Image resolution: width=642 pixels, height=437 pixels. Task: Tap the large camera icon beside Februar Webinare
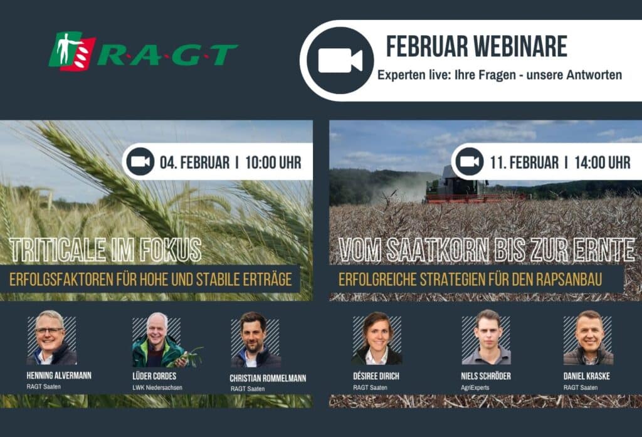(x=340, y=61)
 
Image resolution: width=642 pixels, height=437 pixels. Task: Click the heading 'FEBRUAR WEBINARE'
(x=476, y=46)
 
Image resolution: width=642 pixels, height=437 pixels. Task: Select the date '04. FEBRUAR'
(x=194, y=162)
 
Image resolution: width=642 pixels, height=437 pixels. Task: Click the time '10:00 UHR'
(x=273, y=162)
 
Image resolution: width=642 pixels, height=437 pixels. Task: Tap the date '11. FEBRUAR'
(x=524, y=162)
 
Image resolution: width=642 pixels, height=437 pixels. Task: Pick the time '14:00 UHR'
(x=603, y=162)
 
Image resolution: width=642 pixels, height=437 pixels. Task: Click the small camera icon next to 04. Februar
(x=140, y=162)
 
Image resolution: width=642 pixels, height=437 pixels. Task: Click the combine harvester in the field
(x=463, y=186)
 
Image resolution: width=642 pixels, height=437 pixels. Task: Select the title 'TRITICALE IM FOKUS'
(x=106, y=250)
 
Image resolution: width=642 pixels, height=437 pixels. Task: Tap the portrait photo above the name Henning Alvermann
(x=51, y=338)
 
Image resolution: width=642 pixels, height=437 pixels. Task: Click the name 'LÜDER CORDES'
(x=154, y=376)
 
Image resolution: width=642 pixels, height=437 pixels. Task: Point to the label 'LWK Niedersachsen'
(x=157, y=387)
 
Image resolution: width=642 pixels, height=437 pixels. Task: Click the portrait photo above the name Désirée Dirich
(x=377, y=339)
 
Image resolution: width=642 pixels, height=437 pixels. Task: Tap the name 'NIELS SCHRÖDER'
(x=486, y=376)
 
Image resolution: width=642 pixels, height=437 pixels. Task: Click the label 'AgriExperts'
(x=475, y=387)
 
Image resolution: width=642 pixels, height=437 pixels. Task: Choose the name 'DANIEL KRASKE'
(x=586, y=376)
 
